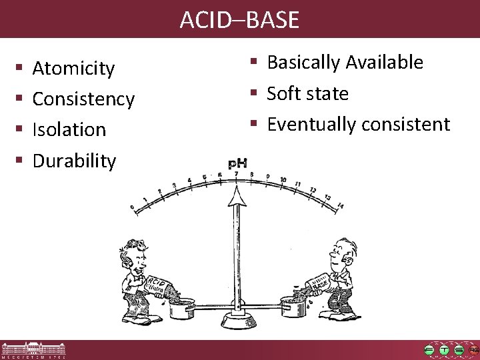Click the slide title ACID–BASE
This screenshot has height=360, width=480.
[x=239, y=20]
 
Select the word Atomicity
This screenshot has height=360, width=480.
[x=73, y=69]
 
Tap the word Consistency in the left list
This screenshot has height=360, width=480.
[x=83, y=99]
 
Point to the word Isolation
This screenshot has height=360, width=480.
[x=69, y=130]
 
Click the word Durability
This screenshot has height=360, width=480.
[x=74, y=161]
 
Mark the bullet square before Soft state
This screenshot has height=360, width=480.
[x=254, y=93]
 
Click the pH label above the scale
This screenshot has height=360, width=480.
[x=238, y=163]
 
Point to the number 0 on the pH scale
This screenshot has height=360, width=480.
[x=132, y=208]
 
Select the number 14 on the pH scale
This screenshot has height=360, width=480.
[x=339, y=206]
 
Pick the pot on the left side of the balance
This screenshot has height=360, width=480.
[x=182, y=309]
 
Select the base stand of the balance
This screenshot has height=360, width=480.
[x=236, y=323]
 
